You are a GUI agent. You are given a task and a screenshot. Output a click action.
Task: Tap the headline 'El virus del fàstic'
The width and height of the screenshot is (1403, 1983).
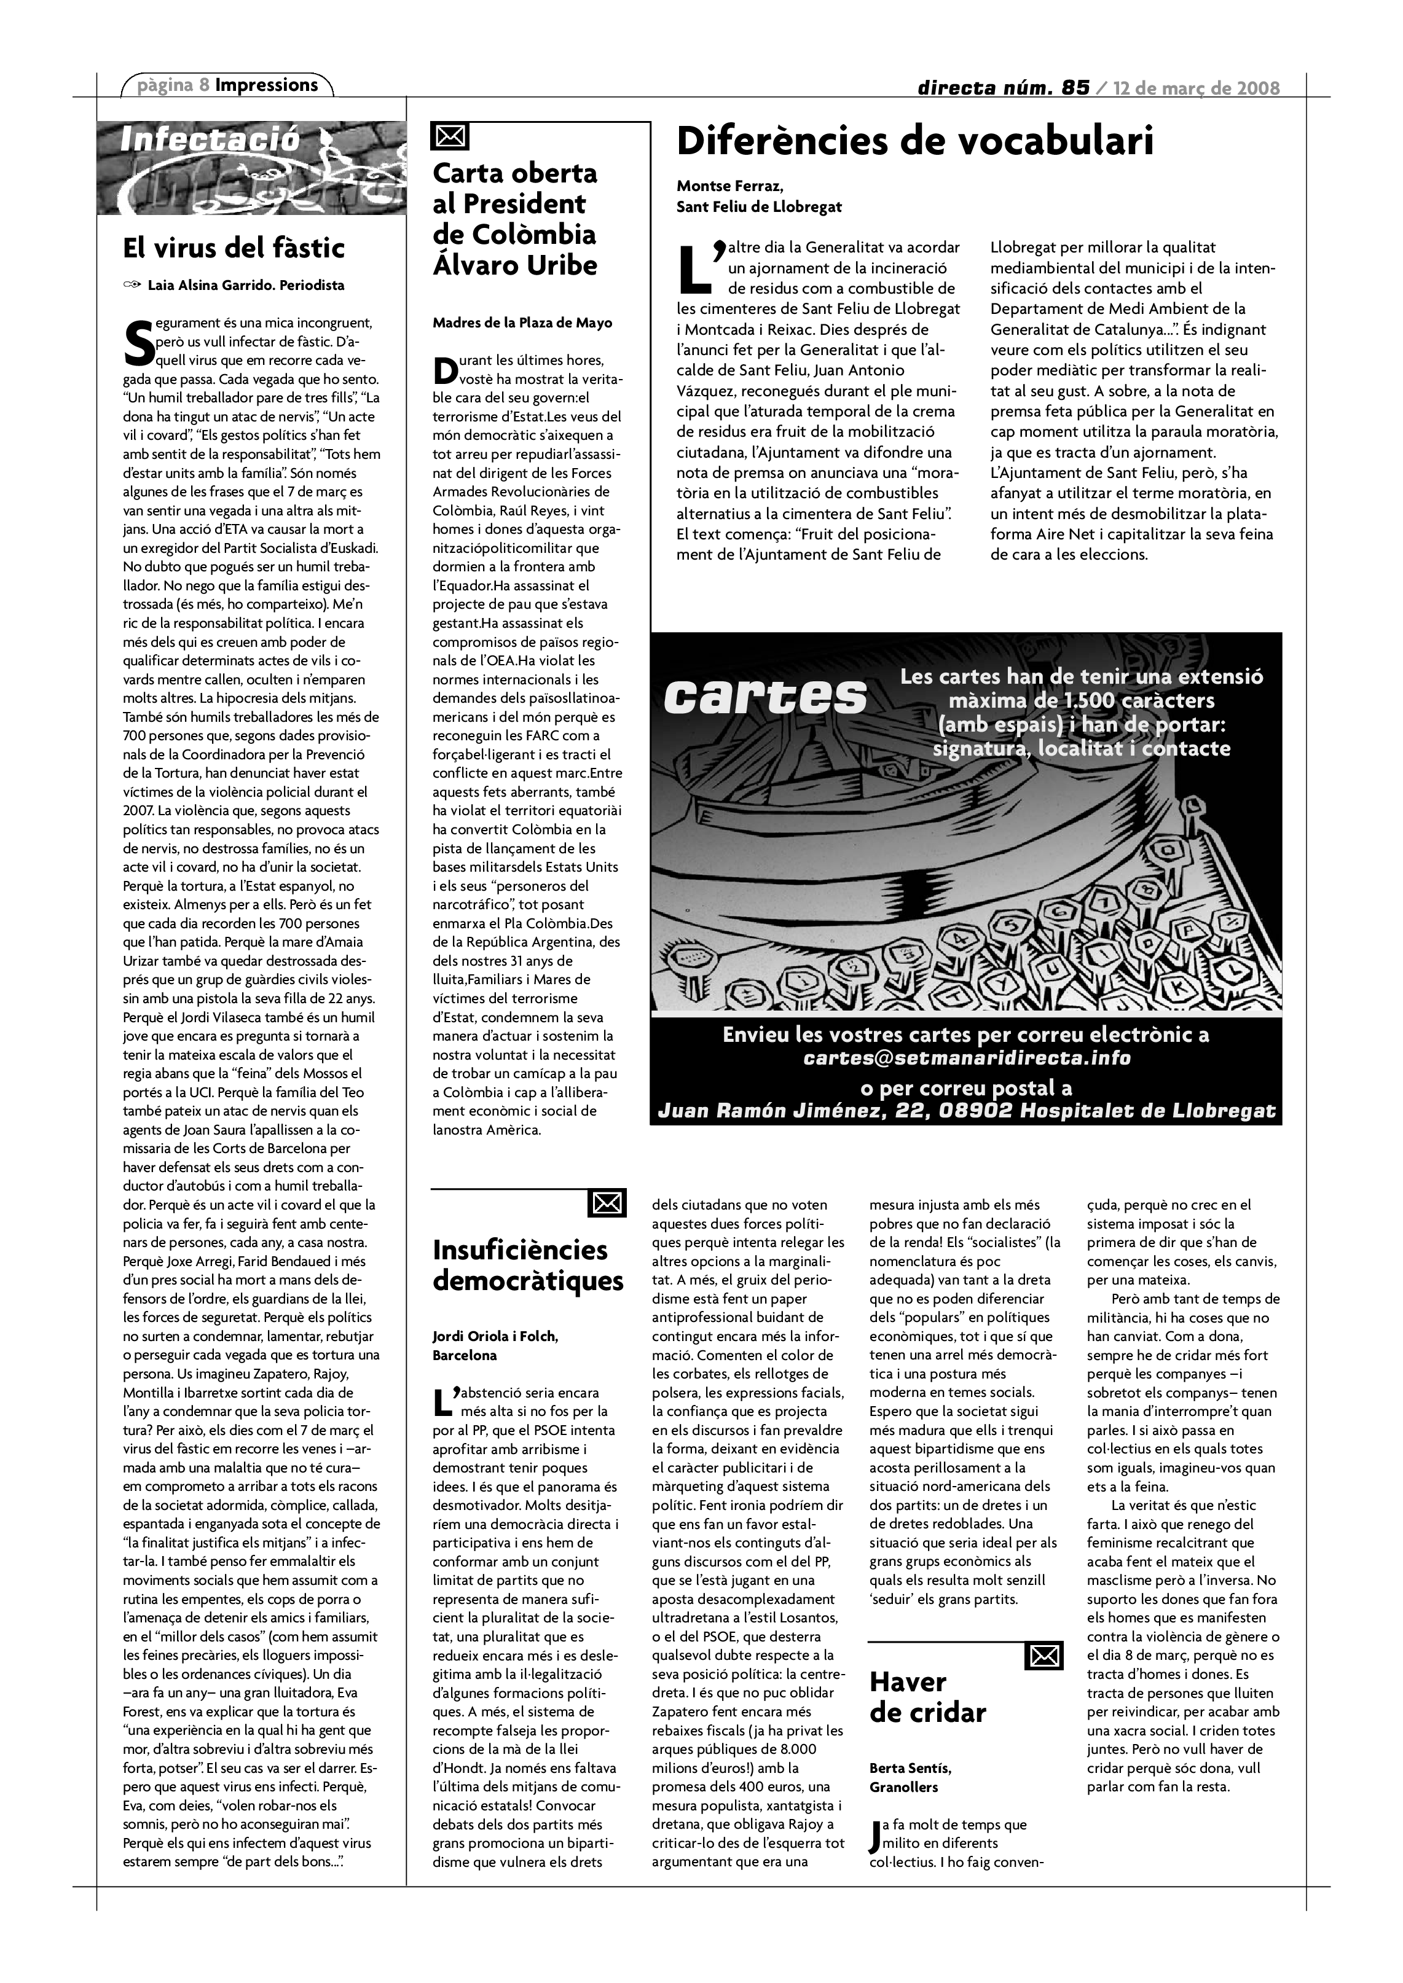[x=234, y=249]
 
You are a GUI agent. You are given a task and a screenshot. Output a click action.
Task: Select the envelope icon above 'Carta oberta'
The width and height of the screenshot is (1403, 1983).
[x=449, y=136]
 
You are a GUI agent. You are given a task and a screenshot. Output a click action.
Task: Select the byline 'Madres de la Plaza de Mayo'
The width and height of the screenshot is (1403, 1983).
[x=522, y=323]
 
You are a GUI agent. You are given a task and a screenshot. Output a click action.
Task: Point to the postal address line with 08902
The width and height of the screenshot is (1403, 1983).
[x=966, y=1111]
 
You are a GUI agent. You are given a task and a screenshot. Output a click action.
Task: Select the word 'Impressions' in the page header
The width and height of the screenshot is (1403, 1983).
[x=266, y=85]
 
